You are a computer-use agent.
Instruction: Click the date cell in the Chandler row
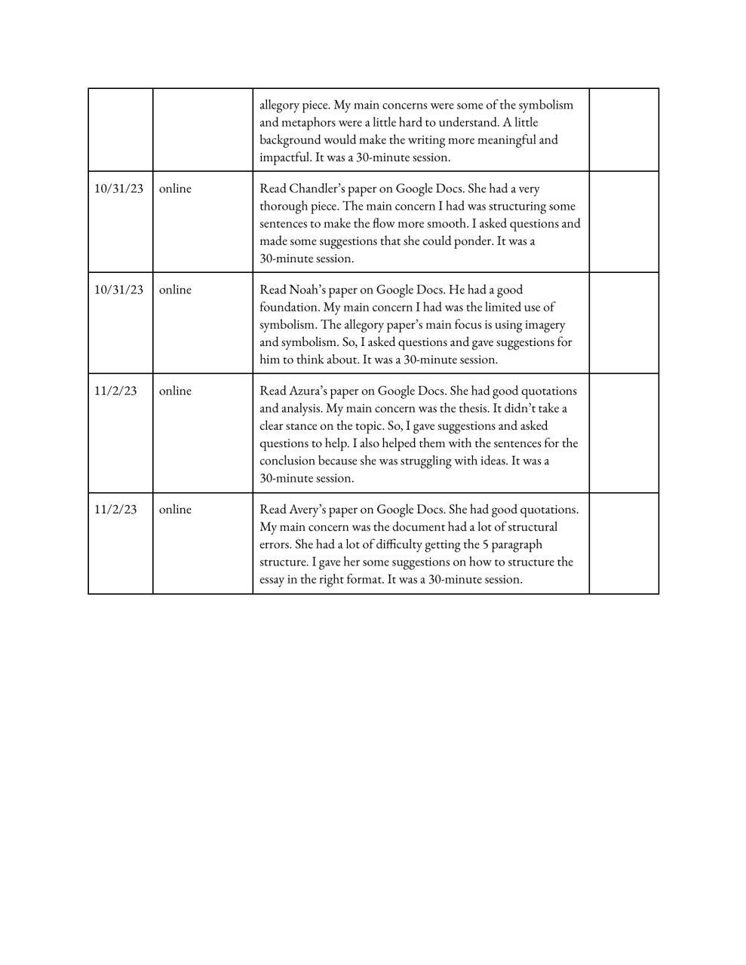tap(118, 188)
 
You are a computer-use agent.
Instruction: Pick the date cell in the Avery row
tap(115, 509)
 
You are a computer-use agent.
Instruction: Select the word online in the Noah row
tap(175, 289)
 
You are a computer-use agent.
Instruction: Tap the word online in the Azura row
tap(175, 391)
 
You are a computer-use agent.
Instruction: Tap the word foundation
tap(290, 307)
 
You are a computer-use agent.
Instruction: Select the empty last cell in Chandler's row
tap(623, 222)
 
